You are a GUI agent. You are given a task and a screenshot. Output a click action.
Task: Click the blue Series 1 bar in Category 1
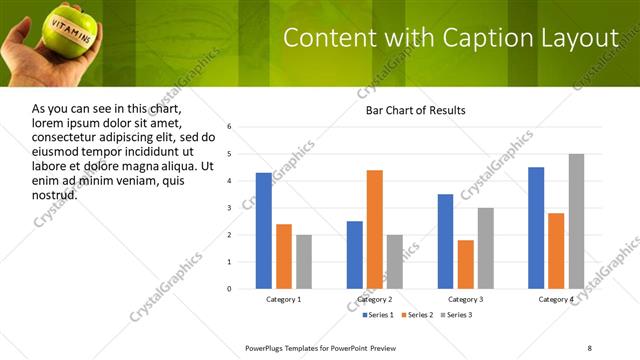tap(263, 231)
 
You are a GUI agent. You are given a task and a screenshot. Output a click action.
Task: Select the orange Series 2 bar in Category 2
tap(375, 229)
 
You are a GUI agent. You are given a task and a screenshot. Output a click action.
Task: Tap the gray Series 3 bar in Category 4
tap(576, 221)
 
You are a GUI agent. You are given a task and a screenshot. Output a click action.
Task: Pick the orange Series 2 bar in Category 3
tap(466, 264)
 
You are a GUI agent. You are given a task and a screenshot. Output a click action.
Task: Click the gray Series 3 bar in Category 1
tap(304, 262)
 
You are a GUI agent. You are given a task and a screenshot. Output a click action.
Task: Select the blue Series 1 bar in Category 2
tap(355, 255)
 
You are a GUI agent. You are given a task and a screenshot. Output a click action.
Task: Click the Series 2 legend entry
tap(416, 315)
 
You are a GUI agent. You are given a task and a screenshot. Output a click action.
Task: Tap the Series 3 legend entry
tap(457, 315)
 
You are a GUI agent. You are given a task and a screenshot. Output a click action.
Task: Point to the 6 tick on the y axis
tap(230, 127)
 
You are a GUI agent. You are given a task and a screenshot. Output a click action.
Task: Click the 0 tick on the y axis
tap(230, 289)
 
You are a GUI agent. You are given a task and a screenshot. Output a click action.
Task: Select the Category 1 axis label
tap(284, 300)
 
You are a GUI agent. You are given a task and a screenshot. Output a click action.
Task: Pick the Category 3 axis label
tap(466, 300)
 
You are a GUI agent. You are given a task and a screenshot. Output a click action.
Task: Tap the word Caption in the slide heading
tap(490, 38)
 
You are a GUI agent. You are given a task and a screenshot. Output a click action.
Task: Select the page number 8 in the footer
tap(589, 347)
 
